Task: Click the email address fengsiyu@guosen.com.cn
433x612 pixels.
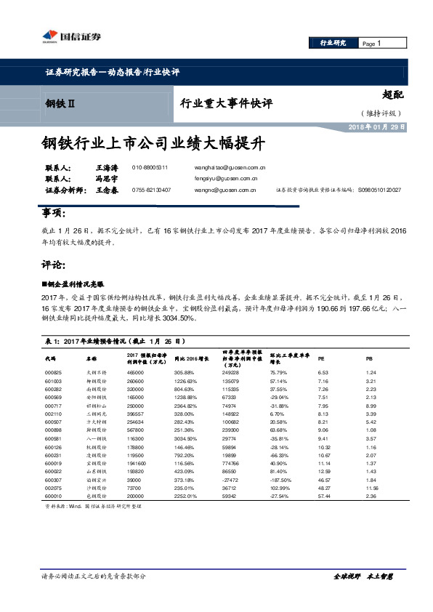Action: click(x=226, y=177)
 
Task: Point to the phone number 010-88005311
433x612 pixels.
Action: click(x=150, y=166)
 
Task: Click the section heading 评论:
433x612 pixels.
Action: click(x=54, y=263)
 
